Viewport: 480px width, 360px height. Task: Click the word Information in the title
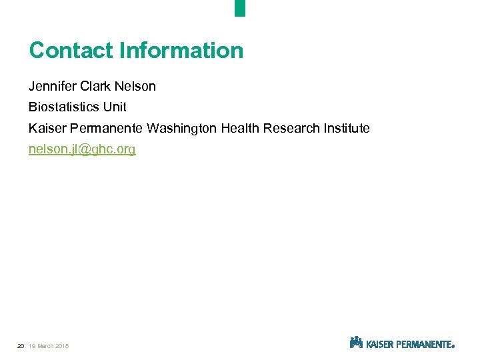click(x=181, y=51)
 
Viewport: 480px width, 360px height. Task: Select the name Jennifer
click(x=52, y=87)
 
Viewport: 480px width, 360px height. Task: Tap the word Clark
click(x=97, y=87)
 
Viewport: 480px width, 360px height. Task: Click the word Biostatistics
click(x=63, y=107)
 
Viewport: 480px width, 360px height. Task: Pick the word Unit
click(x=114, y=107)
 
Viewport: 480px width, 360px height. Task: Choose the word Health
click(x=240, y=128)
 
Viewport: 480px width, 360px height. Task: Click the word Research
click(x=290, y=128)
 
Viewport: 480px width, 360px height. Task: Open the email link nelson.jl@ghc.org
click(x=82, y=149)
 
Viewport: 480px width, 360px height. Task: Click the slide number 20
click(x=21, y=345)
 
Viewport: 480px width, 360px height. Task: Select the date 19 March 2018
click(x=49, y=345)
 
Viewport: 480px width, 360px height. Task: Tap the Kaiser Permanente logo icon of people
click(x=356, y=343)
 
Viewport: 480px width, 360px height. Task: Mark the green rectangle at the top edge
click(x=240, y=8)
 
